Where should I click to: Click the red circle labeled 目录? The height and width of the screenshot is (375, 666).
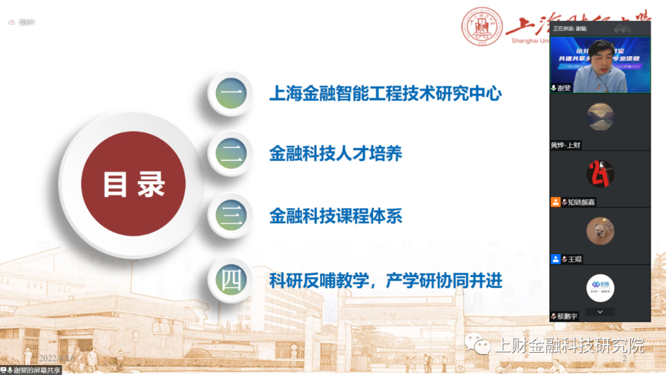pyautogui.click(x=133, y=184)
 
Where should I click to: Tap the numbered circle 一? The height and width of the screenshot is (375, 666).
pyautogui.click(x=231, y=94)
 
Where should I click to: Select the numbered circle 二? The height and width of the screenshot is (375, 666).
pyautogui.click(x=231, y=154)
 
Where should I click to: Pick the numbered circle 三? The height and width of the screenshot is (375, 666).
pyautogui.click(x=231, y=216)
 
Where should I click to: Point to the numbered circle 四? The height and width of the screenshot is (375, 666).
pyautogui.click(x=231, y=281)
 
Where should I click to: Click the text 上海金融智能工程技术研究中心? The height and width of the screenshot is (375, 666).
pyautogui.click(x=385, y=94)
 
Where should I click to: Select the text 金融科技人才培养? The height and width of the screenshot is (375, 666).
pyautogui.click(x=335, y=154)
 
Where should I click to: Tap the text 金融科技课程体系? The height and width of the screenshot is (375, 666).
pyautogui.click(x=335, y=216)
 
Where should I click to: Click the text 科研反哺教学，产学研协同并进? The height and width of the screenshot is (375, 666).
pyautogui.click(x=385, y=281)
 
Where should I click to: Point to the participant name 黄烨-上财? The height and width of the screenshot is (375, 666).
pyautogui.click(x=565, y=145)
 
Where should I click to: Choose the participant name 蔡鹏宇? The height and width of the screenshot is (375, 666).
pyautogui.click(x=567, y=316)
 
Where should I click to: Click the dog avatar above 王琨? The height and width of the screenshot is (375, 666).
pyautogui.click(x=600, y=231)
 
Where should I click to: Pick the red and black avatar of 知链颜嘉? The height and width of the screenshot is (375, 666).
pyautogui.click(x=600, y=173)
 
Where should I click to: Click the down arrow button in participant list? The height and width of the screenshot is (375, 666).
pyautogui.click(x=600, y=312)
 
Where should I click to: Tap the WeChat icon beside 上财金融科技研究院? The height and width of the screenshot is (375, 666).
pyautogui.click(x=479, y=345)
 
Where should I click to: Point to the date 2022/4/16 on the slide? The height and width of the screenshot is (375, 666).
pyautogui.click(x=56, y=358)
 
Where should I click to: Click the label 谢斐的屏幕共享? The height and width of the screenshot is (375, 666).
pyautogui.click(x=37, y=370)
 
